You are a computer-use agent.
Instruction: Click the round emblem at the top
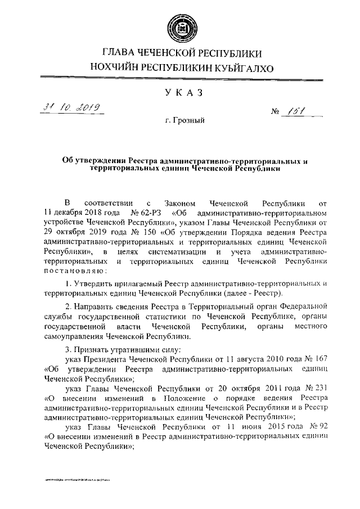(x=181, y=26)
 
